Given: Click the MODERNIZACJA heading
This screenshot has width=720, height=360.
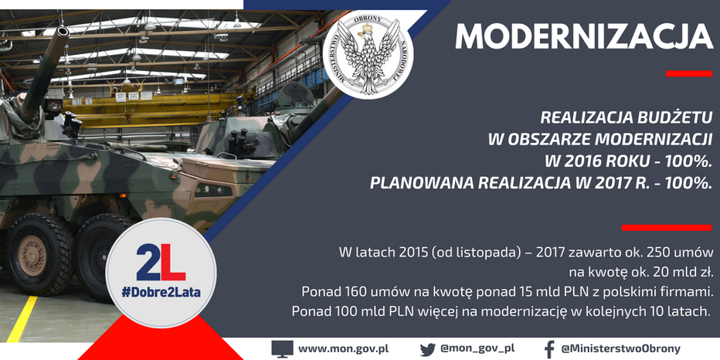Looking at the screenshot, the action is [x=584, y=36].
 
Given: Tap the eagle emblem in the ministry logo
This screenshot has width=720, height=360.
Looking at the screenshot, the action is [x=368, y=56].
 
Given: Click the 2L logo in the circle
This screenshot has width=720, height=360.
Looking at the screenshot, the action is [x=161, y=262].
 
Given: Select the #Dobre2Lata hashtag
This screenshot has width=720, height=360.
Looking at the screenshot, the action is [x=161, y=292].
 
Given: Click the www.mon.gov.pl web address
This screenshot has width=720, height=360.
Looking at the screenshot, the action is [x=344, y=348].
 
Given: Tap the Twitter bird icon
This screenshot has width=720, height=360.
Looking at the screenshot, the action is [x=427, y=349].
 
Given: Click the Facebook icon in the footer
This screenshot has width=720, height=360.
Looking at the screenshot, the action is [x=549, y=349].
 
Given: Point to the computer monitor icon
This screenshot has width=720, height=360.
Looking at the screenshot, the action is [x=282, y=349].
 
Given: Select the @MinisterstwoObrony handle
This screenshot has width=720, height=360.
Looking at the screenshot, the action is [x=621, y=348].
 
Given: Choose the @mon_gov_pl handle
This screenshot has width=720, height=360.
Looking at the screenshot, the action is [x=477, y=348].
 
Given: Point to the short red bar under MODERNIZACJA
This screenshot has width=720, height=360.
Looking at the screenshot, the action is [x=689, y=73].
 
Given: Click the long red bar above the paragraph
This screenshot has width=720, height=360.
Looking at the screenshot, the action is [x=667, y=227].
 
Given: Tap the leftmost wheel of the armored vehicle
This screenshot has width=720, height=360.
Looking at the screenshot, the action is [x=33, y=254].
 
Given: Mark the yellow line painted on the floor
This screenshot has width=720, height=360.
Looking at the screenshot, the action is [x=22, y=319].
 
